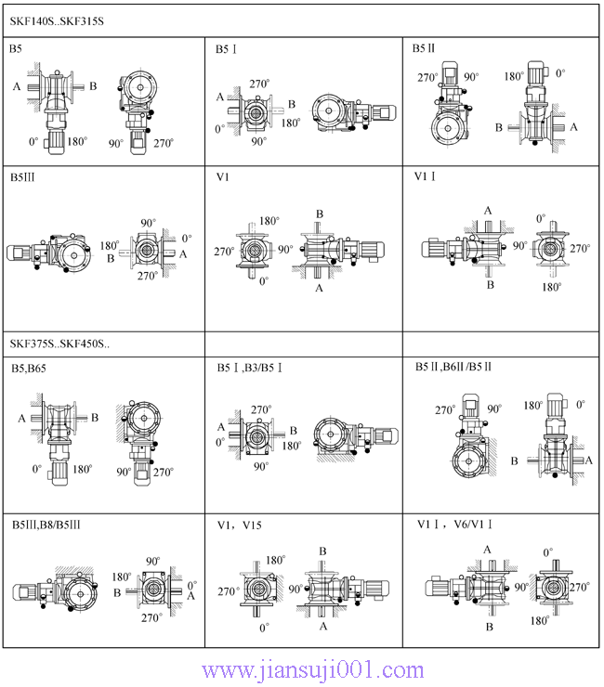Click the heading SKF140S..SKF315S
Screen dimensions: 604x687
57,21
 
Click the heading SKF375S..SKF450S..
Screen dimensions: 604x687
59,343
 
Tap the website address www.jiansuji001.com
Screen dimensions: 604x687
313,670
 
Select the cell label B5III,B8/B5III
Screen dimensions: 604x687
46,525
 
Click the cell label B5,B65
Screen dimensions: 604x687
29,369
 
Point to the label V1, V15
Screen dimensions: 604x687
240,525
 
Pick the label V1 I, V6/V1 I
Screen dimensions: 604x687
454,524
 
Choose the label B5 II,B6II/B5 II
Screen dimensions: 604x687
453,367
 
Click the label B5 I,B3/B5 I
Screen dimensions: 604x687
250,368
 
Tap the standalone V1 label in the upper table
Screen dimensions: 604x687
223,177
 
